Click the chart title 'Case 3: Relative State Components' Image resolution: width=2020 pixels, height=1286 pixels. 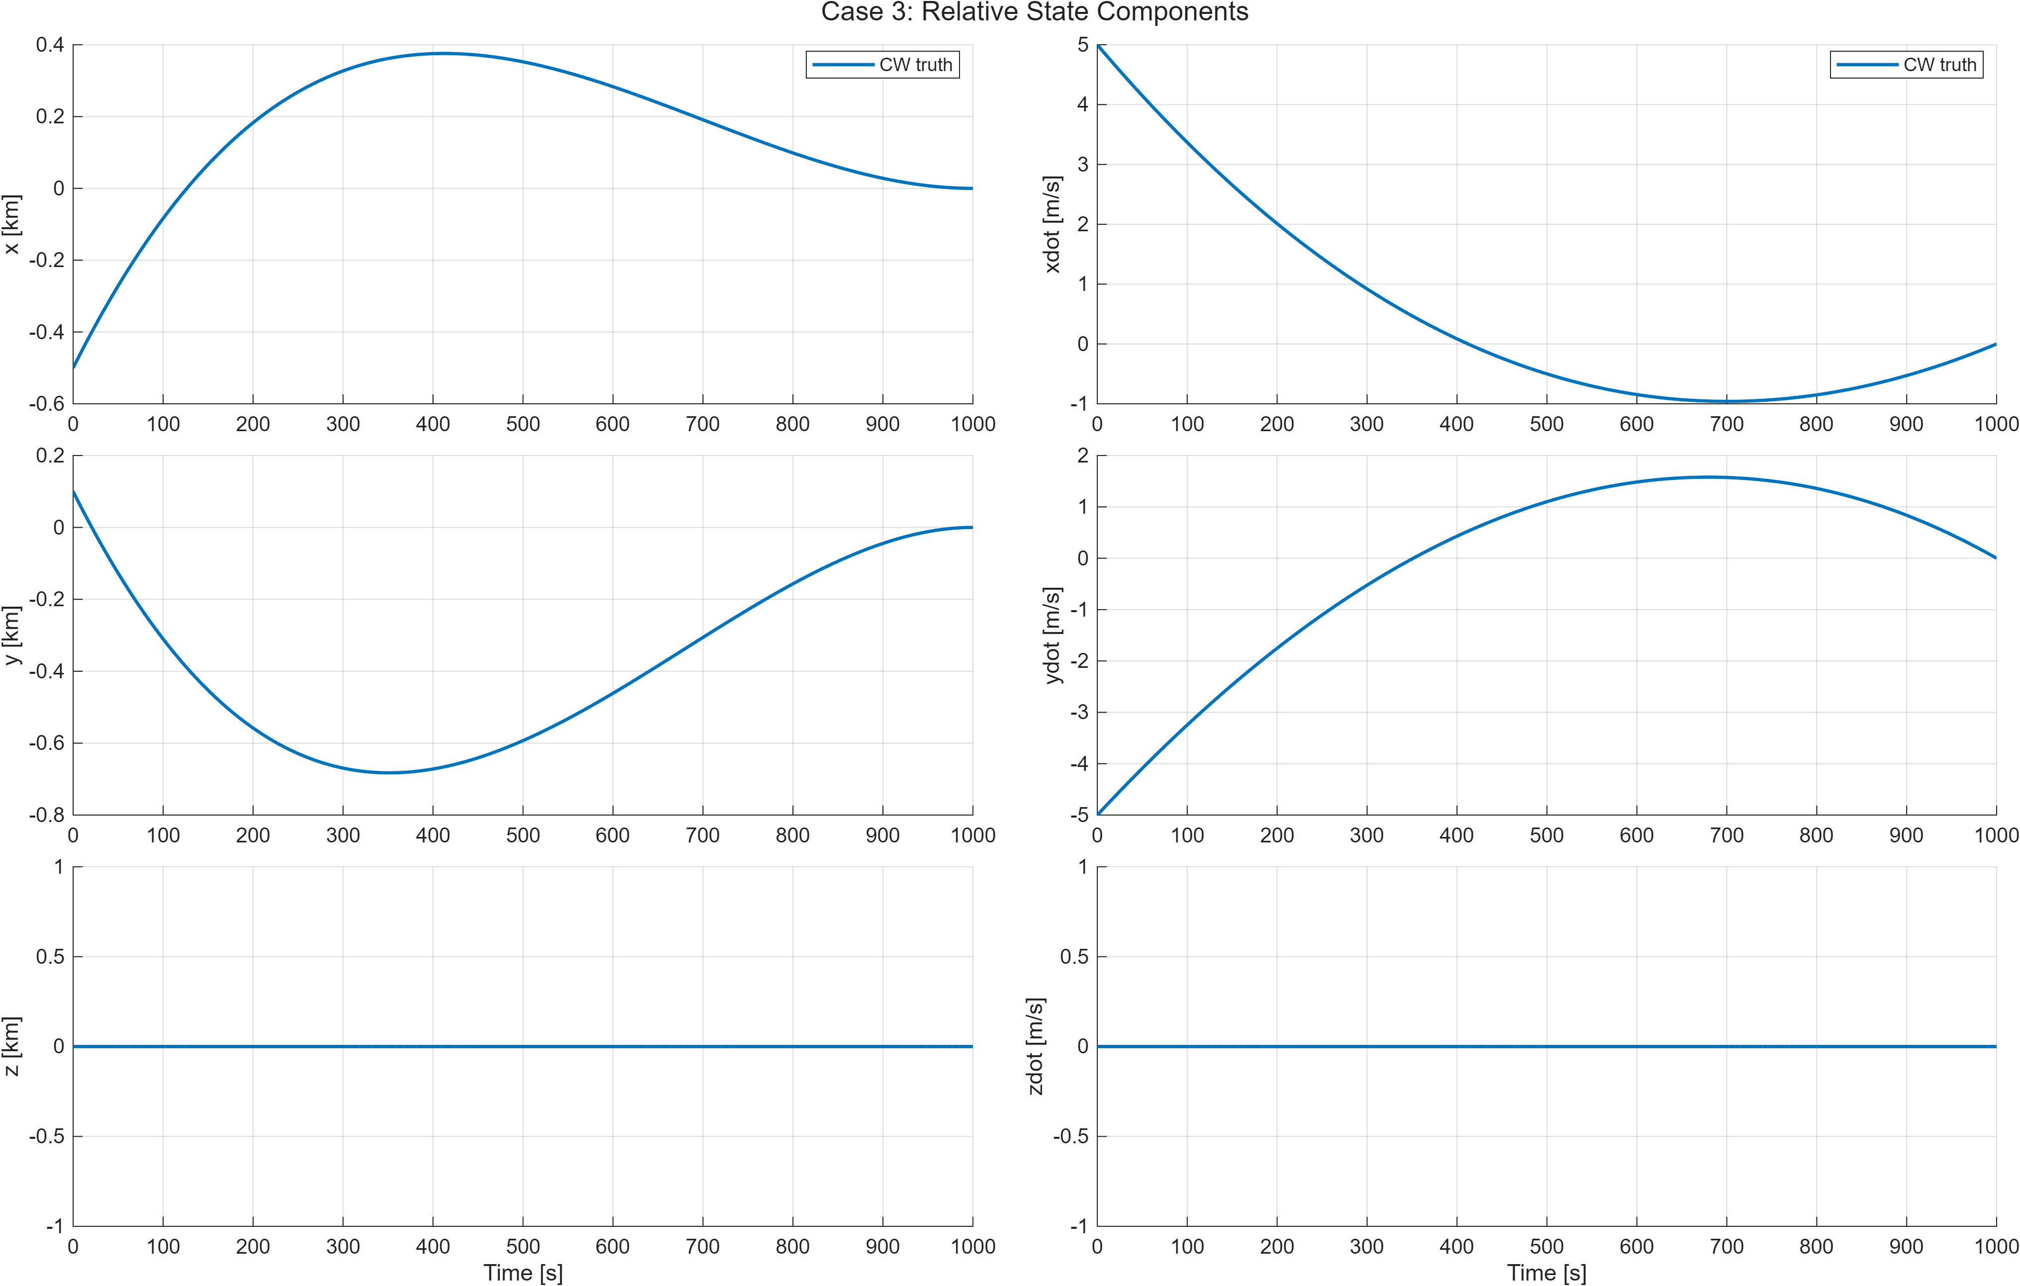pyautogui.click(x=1034, y=12)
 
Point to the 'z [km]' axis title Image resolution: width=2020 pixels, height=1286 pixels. pyautogui.click(x=12, y=1046)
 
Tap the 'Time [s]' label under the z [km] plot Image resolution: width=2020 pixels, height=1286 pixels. pyautogui.click(x=523, y=1273)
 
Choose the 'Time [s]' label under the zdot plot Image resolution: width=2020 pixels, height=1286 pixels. pyautogui.click(x=1546, y=1273)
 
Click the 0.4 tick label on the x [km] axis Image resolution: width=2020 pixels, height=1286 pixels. pyautogui.click(x=50, y=44)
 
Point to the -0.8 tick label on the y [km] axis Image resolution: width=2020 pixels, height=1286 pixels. pyautogui.click(x=46, y=815)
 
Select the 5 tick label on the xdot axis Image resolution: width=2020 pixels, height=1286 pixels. pyautogui.click(x=1083, y=44)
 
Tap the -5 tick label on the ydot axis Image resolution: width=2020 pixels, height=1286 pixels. pyautogui.click(x=1079, y=815)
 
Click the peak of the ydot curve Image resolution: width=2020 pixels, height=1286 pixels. pyautogui.click(x=1707, y=477)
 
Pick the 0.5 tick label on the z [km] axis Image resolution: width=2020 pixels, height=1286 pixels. pyautogui.click(x=50, y=956)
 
